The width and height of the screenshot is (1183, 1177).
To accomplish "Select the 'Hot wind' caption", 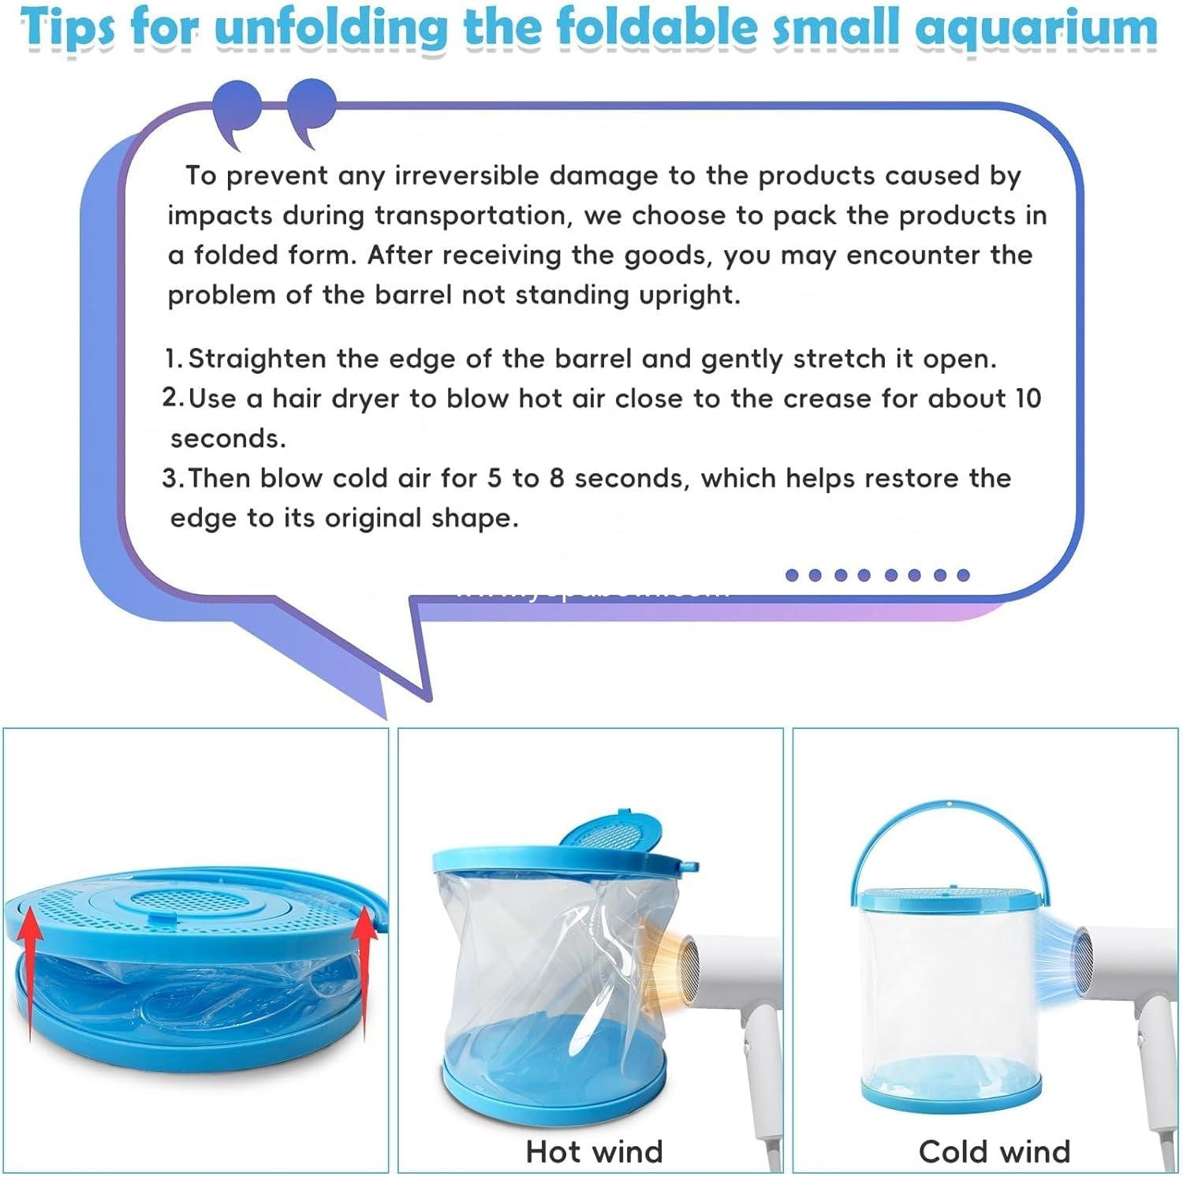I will click(594, 1151).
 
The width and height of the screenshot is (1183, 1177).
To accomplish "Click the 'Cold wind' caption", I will click(994, 1151).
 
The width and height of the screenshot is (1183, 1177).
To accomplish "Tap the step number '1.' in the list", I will click(173, 359).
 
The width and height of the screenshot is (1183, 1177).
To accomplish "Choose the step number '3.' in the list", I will click(173, 478).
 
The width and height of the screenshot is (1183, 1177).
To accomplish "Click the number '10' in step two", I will click(1028, 398).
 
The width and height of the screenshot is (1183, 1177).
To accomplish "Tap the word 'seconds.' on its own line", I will click(228, 439).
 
